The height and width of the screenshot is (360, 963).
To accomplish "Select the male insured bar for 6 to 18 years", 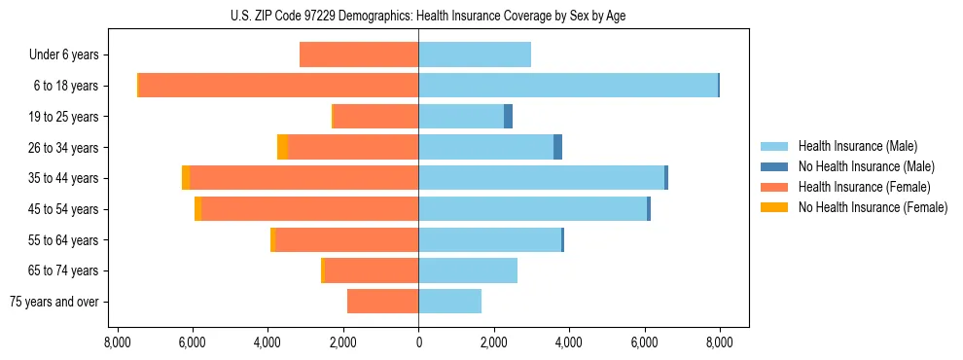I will point(568,86).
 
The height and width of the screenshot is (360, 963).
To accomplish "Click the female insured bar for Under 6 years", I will point(359,54).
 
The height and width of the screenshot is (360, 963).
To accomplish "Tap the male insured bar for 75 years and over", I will point(449,302).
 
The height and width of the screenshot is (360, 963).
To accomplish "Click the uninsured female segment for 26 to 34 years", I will point(282,147).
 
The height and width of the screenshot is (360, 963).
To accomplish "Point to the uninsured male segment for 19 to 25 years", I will point(508,117).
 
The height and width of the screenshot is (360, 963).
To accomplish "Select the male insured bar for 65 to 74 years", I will point(468,270).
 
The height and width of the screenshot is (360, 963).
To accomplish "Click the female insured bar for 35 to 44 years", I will point(303,178).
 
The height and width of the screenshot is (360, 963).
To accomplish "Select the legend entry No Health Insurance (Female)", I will point(872,207).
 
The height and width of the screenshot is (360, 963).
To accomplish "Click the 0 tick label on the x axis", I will point(418,342).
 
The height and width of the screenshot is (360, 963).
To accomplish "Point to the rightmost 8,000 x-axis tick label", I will point(720,342).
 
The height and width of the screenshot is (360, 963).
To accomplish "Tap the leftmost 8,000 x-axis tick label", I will point(117,342).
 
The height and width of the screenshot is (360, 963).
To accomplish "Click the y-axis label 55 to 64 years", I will point(64,240).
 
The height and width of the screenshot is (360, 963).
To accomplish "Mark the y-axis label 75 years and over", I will point(54,302).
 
